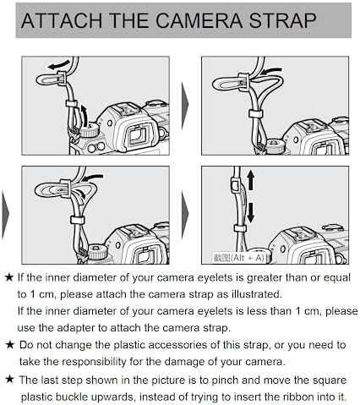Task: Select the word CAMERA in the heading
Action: [x=199, y=20]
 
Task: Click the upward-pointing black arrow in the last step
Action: [x=251, y=181]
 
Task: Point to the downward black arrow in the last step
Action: [x=250, y=213]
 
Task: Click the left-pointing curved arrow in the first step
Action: [x=59, y=64]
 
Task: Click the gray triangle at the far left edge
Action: [x=5, y=215]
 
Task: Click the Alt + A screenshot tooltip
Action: [x=239, y=258]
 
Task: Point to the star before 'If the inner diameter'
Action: [x=9, y=277]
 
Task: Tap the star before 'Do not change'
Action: [x=9, y=344]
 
